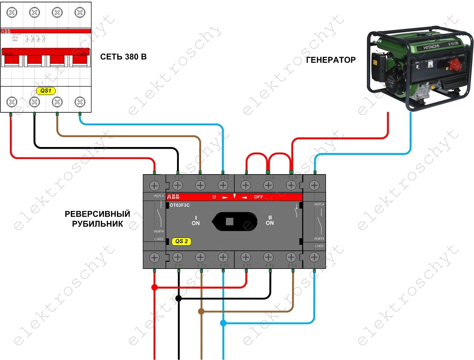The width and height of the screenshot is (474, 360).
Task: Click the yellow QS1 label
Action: click(x=46, y=91)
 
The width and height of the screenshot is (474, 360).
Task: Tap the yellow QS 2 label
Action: click(x=182, y=241)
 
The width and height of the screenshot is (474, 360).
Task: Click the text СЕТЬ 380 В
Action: click(x=123, y=57)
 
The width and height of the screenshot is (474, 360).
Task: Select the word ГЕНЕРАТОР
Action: click(x=331, y=60)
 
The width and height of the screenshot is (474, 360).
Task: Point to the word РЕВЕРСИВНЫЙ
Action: click(x=97, y=214)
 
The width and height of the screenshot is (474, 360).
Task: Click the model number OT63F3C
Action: click(x=180, y=205)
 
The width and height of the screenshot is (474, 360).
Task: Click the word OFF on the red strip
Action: click(x=258, y=197)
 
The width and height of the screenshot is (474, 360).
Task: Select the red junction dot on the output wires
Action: click(x=154, y=287)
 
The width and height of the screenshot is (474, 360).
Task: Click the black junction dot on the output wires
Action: click(x=178, y=298)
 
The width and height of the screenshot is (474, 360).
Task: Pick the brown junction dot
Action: click(x=201, y=311)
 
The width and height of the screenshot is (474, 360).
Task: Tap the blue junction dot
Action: click(x=223, y=323)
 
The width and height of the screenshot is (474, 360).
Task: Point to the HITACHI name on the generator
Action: click(x=431, y=47)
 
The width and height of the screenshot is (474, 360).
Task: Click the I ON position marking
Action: click(x=196, y=221)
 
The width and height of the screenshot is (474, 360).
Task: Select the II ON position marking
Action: click(x=270, y=221)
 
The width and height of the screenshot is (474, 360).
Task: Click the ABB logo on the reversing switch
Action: click(x=173, y=197)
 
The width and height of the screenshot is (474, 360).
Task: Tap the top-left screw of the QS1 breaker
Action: click(x=12, y=13)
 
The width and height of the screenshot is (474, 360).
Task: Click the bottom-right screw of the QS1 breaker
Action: click(x=80, y=102)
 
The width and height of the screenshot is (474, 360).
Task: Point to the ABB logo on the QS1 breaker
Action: click(x=6, y=31)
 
